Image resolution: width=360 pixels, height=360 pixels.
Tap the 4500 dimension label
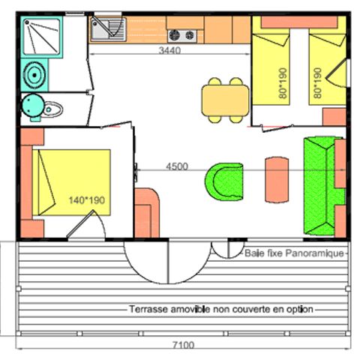(x=176, y=166)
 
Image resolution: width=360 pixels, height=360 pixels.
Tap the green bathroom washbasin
(x=34, y=74)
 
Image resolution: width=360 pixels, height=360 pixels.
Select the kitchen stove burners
(x=181, y=34)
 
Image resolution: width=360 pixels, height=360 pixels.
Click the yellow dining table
(x=224, y=99)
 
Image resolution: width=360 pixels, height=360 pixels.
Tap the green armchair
(x=222, y=180)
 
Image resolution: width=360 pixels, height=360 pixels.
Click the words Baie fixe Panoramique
(x=293, y=253)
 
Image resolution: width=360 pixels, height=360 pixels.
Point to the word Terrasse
(x=148, y=310)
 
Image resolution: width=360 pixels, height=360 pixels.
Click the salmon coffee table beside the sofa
(x=275, y=180)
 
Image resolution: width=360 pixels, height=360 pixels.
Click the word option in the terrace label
(x=300, y=310)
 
